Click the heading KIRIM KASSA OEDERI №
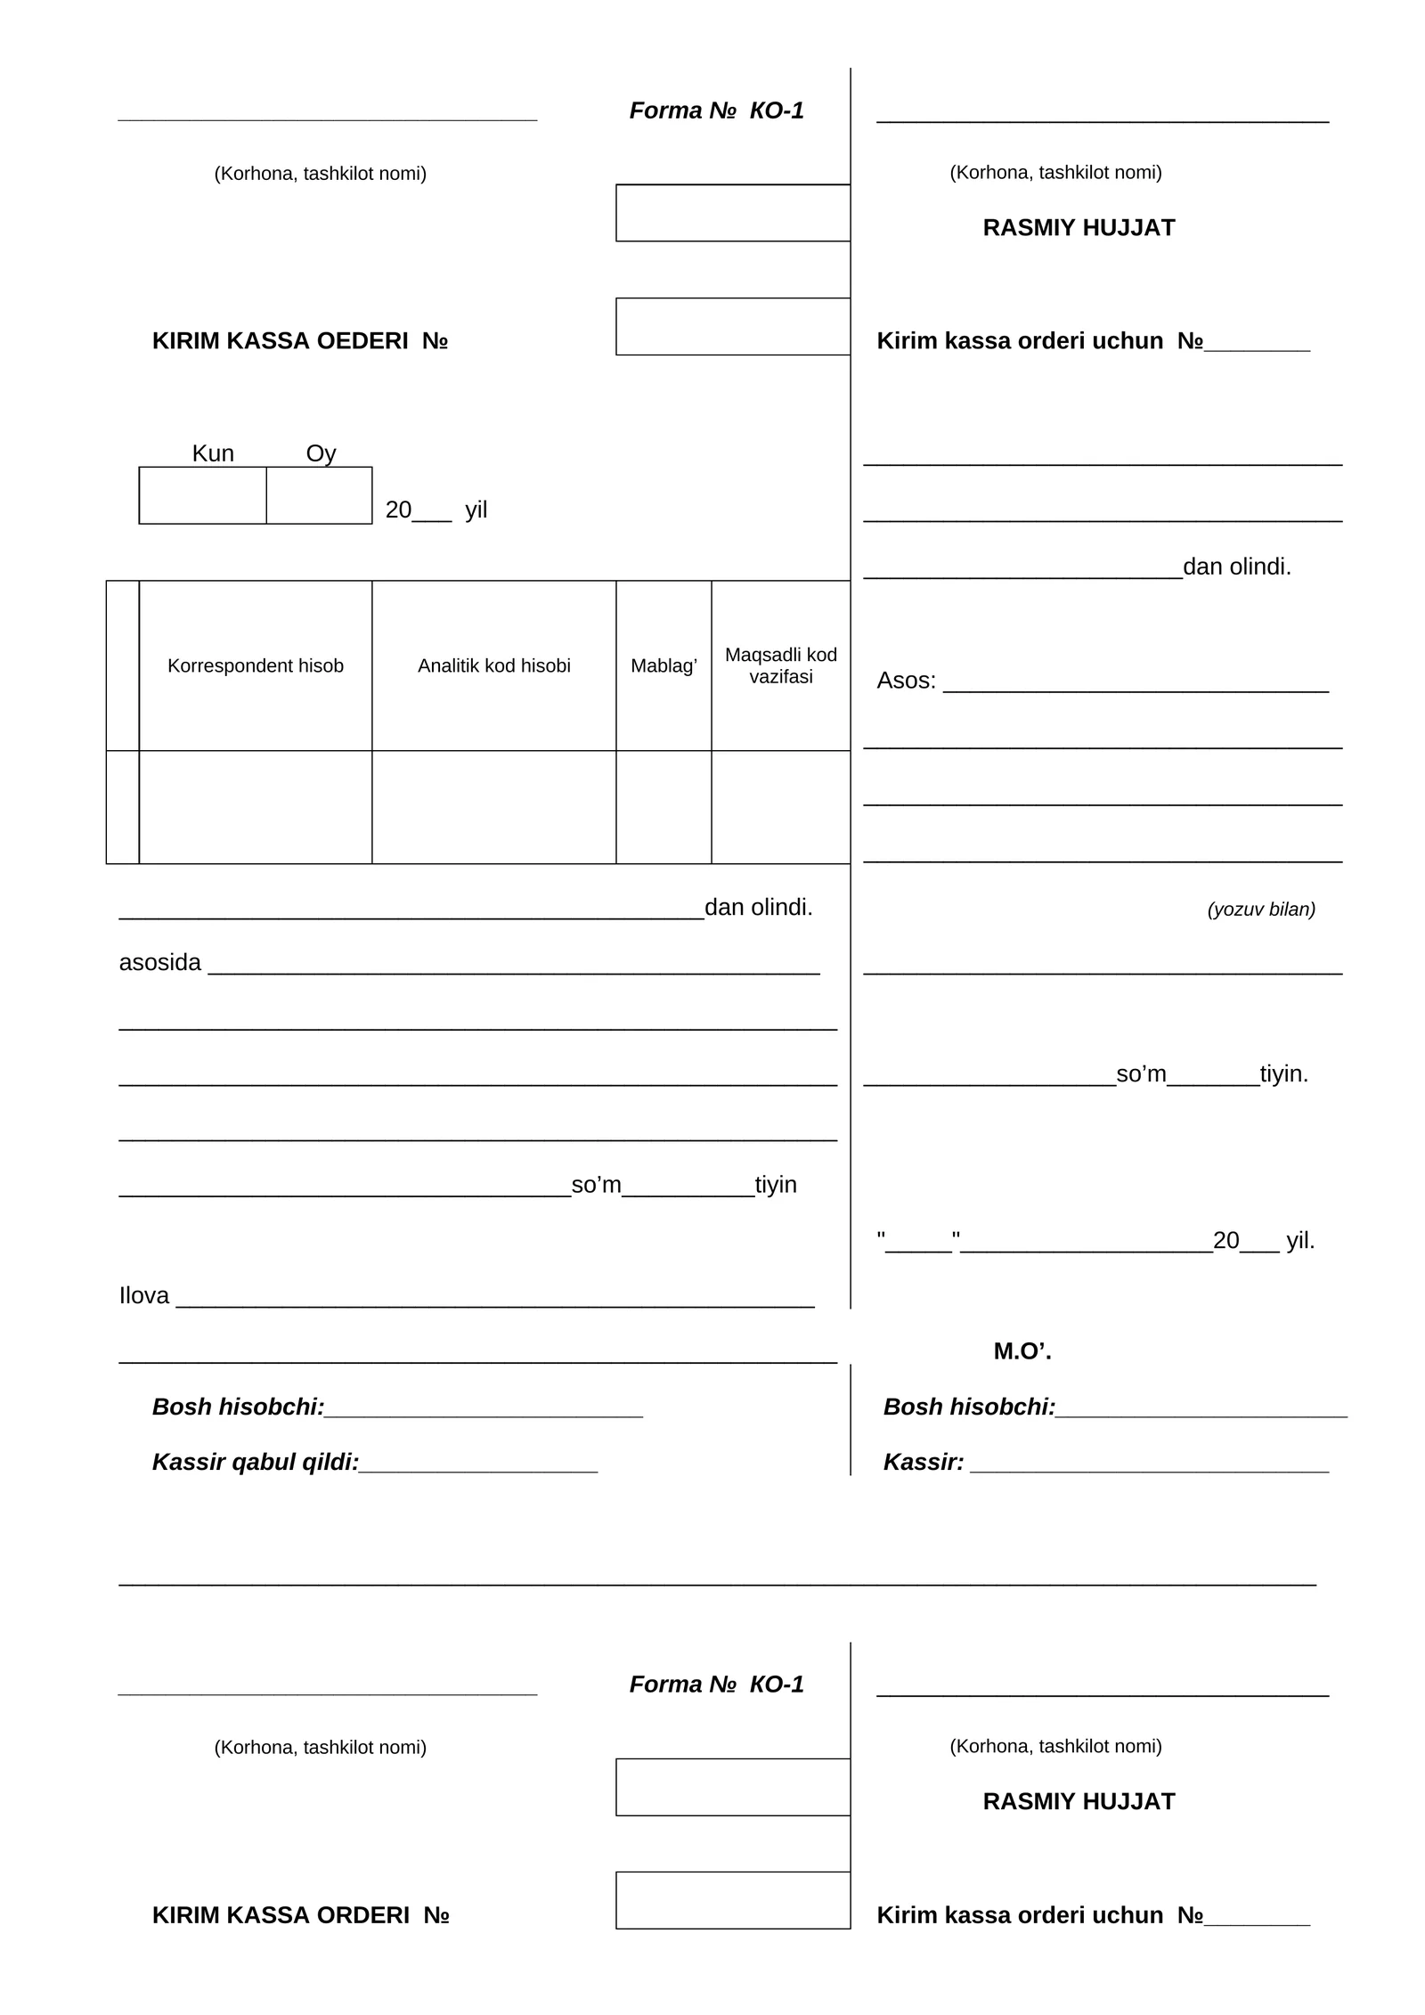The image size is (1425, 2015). pos(299,341)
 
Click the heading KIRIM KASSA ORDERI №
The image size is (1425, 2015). pos(300,1915)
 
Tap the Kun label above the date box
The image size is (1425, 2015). pos(213,453)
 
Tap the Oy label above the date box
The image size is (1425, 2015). pos(321,453)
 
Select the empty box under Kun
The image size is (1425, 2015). pos(202,495)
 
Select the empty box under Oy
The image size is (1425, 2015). pos(319,495)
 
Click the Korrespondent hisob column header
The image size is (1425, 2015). pos(256,665)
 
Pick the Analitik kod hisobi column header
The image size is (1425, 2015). pos(494,665)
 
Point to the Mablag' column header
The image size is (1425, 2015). pos(664,665)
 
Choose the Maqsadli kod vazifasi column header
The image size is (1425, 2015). pos(781,665)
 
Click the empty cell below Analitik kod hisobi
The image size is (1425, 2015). pos(494,807)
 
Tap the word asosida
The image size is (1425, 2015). pos(160,963)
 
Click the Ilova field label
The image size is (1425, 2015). pos(144,1296)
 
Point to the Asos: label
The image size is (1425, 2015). pos(906,681)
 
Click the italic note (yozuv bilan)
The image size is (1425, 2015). pos(1261,910)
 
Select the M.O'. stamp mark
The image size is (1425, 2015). pos(1022,1351)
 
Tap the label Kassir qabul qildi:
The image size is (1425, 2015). pos(256,1462)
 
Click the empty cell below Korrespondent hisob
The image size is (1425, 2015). pos(256,807)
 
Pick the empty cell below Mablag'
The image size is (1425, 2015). pos(664,807)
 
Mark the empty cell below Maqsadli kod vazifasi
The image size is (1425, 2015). pos(781,807)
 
